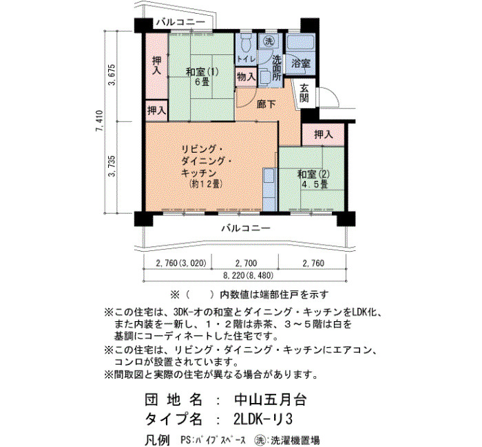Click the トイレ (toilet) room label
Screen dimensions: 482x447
coord(246,59)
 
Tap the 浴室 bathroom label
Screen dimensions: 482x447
coord(301,63)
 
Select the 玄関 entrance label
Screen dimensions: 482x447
coord(304,93)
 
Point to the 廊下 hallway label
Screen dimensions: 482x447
coord(266,104)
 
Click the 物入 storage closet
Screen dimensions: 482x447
coord(246,77)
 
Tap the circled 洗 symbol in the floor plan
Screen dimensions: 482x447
coord(269,41)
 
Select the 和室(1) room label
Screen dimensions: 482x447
coord(202,72)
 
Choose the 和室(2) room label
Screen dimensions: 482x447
coord(313,175)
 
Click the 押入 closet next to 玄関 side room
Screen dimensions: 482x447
coord(323,134)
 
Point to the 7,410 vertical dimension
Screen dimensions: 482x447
coord(99,120)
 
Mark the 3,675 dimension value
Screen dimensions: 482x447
coord(112,75)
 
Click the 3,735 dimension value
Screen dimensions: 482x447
coord(112,166)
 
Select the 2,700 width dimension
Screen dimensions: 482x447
coord(246,263)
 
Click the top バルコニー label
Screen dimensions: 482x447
coord(180,22)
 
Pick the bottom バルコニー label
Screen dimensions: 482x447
coord(246,228)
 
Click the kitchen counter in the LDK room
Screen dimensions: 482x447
coord(270,189)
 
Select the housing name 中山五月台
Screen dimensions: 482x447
coord(270,400)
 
